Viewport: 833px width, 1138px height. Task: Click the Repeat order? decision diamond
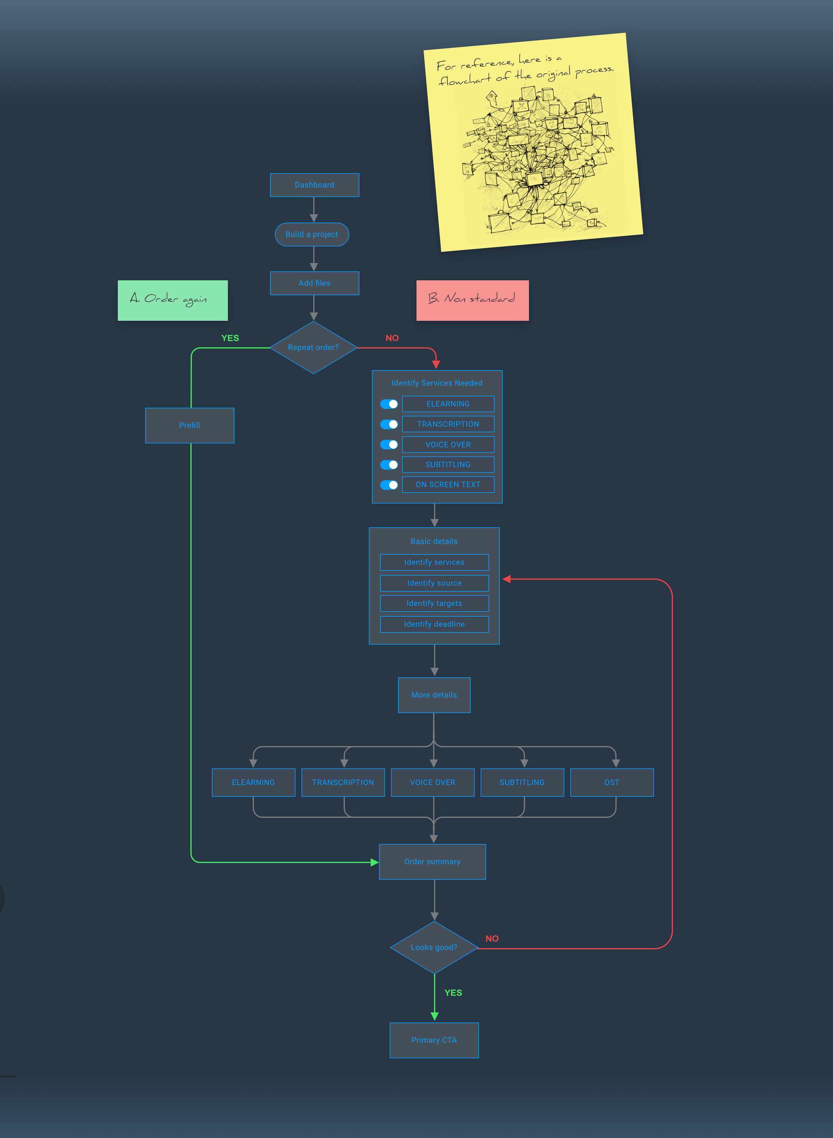pyautogui.click(x=313, y=348)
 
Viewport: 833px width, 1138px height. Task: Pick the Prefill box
pyautogui.click(x=190, y=425)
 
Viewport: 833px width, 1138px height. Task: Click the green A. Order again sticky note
pyautogui.click(x=173, y=300)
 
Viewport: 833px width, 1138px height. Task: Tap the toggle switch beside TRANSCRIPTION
pyautogui.click(x=389, y=424)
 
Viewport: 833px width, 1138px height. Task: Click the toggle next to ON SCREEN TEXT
pyautogui.click(x=389, y=485)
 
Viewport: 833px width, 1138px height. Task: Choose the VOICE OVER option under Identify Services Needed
pyautogui.click(x=448, y=444)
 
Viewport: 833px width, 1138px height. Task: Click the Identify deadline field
pyautogui.click(x=434, y=624)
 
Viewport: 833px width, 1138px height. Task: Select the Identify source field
pyautogui.click(x=434, y=583)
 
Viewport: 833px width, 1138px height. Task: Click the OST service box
pyautogui.click(x=612, y=782)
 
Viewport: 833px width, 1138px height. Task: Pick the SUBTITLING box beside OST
pyautogui.click(x=522, y=782)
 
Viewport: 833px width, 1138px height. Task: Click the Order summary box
pyautogui.click(x=432, y=862)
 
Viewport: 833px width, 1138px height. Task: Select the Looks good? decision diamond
pyautogui.click(x=434, y=947)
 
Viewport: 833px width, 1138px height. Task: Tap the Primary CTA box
pyautogui.click(x=434, y=1040)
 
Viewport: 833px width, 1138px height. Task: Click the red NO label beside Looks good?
pyautogui.click(x=492, y=939)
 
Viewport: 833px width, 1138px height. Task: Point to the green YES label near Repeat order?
pyautogui.click(x=230, y=338)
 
